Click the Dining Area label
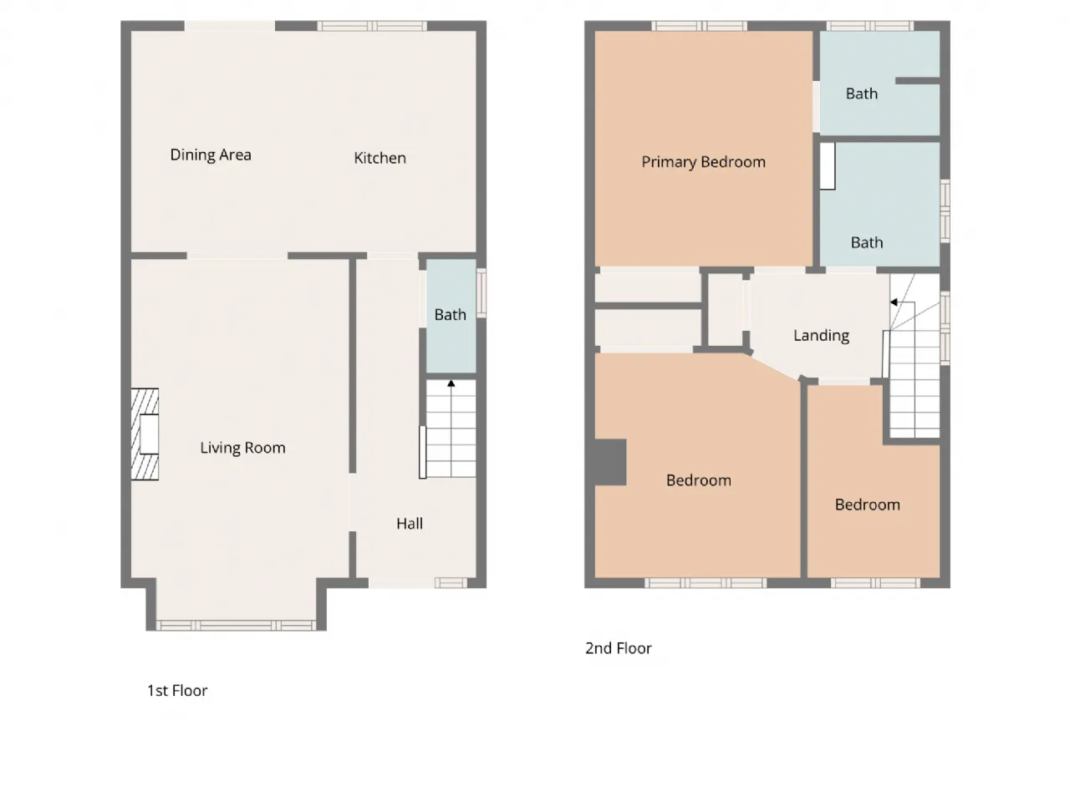pyautogui.click(x=211, y=155)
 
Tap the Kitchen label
pyautogui.click(x=380, y=158)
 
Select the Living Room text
pyautogui.click(x=242, y=448)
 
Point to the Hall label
pyautogui.click(x=410, y=524)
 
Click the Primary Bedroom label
pyautogui.click(x=703, y=162)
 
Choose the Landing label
pyautogui.click(x=822, y=335)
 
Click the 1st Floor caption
pyautogui.click(x=177, y=691)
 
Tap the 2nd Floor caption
pyautogui.click(x=618, y=648)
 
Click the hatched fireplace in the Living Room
pyautogui.click(x=145, y=434)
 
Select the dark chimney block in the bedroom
pyautogui.click(x=611, y=462)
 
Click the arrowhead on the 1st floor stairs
pyautogui.click(x=451, y=383)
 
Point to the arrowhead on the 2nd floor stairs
pyautogui.click(x=894, y=302)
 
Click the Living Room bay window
pyautogui.click(x=236, y=625)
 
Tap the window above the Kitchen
pyautogui.click(x=372, y=26)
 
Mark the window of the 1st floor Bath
pyautogui.click(x=481, y=293)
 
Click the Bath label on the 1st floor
pyautogui.click(x=450, y=315)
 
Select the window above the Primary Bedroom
pyautogui.click(x=700, y=26)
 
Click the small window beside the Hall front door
pyautogui.click(x=451, y=583)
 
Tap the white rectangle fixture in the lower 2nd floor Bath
pyautogui.click(x=828, y=166)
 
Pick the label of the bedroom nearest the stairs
pyautogui.click(x=867, y=505)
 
